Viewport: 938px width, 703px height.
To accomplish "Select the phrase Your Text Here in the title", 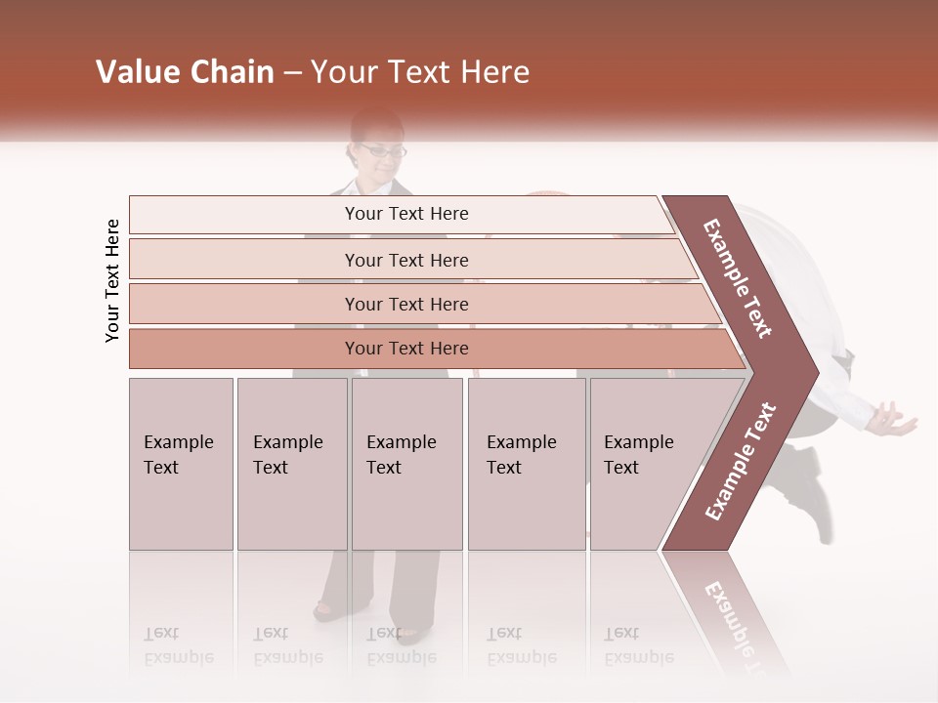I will pyautogui.click(x=420, y=72).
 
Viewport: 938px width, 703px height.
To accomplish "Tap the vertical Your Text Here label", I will pyautogui.click(x=112, y=280).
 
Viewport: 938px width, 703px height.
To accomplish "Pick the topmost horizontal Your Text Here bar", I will pyautogui.click(x=405, y=214).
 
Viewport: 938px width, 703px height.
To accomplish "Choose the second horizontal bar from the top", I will pyautogui.click(x=405, y=260).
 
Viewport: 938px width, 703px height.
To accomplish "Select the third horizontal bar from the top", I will pyautogui.click(x=405, y=304).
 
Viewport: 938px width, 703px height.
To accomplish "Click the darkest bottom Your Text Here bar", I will pyautogui.click(x=405, y=349).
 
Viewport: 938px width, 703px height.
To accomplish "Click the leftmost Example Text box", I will pyautogui.click(x=181, y=464).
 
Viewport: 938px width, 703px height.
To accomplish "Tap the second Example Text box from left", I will pyautogui.click(x=291, y=464).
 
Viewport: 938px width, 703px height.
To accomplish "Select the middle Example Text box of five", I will pyautogui.click(x=406, y=464).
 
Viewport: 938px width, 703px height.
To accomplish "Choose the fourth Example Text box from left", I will pyautogui.click(x=526, y=464).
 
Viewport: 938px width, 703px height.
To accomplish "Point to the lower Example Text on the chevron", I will pyautogui.click(x=741, y=461).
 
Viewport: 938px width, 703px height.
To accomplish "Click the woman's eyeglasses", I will pyautogui.click(x=381, y=151).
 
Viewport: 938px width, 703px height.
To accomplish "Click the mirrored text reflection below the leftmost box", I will pyautogui.click(x=178, y=645).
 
